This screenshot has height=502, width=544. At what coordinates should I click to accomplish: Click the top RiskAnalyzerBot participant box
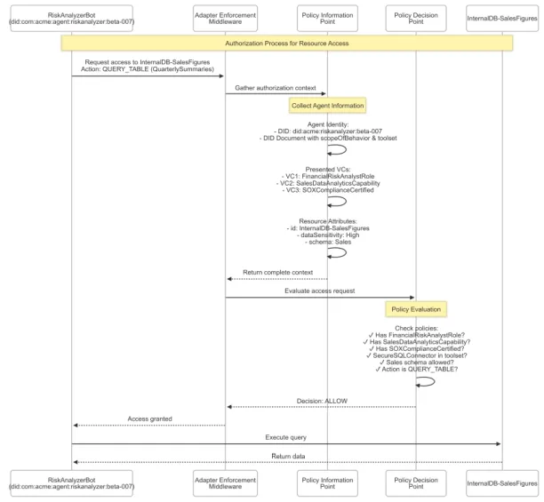71,19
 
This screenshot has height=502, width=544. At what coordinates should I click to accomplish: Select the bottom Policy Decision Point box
416,483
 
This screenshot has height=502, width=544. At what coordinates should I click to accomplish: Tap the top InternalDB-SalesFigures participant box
502,19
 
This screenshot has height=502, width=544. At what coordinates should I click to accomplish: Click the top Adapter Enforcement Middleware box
225,19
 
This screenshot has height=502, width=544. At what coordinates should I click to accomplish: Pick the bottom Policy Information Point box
327,483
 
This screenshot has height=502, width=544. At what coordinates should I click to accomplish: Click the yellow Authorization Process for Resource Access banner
287,44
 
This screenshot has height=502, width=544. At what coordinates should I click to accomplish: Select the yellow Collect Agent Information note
327,106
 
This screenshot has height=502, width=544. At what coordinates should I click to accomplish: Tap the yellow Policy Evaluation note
416,309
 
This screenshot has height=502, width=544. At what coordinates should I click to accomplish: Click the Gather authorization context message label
276,88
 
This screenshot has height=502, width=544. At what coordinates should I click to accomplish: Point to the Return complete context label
277,273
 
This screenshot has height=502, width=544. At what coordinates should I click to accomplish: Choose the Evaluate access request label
319,291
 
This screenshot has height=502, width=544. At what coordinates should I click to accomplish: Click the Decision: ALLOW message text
322,401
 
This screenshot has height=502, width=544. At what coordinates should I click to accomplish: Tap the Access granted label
149,419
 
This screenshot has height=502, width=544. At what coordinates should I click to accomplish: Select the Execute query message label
286,437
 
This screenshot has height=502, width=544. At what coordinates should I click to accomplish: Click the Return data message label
288,456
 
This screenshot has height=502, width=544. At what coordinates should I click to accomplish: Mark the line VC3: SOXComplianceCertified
328,190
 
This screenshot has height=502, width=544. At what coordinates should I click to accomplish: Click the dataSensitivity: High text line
328,235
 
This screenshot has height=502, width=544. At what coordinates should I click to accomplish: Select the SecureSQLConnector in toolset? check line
416,355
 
